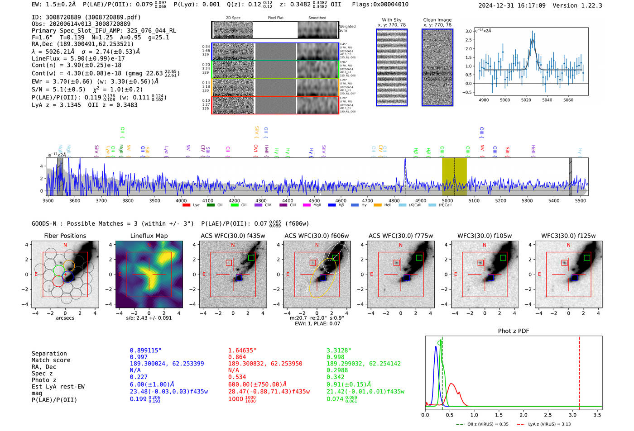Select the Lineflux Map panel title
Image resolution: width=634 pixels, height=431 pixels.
(149, 236)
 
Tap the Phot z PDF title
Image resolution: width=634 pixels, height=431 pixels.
(514, 331)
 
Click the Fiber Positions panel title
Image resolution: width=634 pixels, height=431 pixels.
(65, 236)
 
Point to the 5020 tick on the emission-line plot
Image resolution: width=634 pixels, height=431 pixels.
(526, 100)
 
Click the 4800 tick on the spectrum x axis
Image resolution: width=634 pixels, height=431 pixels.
(394, 200)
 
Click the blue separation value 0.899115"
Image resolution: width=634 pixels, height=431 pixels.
(145, 350)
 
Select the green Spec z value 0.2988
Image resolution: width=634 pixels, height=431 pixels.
(337, 370)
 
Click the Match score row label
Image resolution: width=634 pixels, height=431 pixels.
(51, 360)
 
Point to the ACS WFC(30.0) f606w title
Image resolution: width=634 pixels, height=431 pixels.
(317, 236)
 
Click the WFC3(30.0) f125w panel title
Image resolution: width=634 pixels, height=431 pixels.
(568, 236)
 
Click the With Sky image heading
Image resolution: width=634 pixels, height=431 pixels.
(392, 20)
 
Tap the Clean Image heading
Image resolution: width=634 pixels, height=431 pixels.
(437, 20)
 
